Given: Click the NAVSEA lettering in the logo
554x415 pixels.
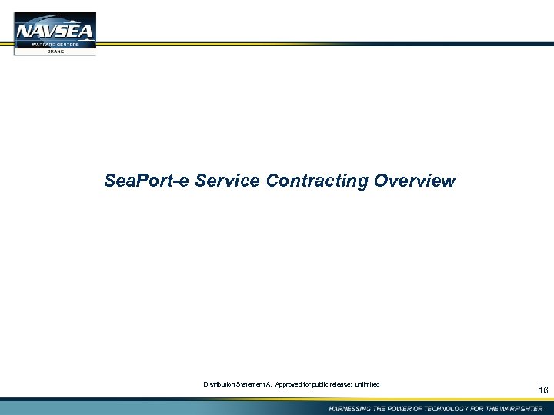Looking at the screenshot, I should click(x=55, y=32).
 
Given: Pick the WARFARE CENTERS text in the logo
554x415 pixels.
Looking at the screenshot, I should click(x=55, y=45).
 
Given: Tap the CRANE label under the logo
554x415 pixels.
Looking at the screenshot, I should click(x=55, y=51).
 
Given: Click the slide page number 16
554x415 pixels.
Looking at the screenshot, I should click(x=543, y=391).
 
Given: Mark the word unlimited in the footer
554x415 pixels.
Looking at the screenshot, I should click(x=367, y=384).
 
